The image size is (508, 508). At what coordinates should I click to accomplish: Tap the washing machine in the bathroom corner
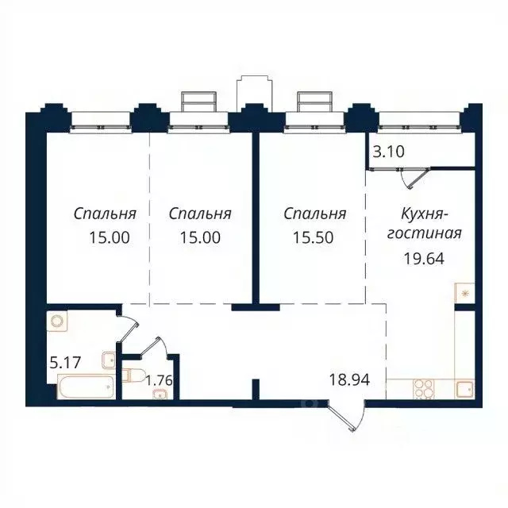pos(57,322)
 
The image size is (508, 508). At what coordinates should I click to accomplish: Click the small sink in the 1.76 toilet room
pos(162,395)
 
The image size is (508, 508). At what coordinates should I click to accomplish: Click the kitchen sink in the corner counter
pos(464,389)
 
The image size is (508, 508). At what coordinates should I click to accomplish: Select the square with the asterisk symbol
pos(464,293)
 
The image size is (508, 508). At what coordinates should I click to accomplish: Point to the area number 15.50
pos(315,237)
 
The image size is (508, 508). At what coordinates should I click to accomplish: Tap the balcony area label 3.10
pos(387,149)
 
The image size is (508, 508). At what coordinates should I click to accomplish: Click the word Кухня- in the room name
pos(427,214)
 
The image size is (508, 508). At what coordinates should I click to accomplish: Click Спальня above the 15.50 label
pos(315,214)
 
